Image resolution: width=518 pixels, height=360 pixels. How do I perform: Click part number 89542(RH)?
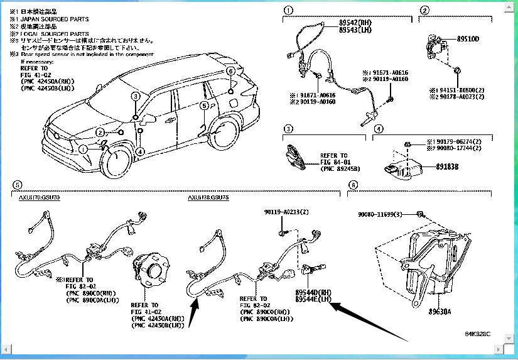pos(355,23)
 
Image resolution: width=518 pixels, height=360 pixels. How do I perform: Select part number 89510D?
pos(468,39)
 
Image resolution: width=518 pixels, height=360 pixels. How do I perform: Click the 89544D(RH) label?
pos(313,293)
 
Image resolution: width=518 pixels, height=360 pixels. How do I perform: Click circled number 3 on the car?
pos(135,96)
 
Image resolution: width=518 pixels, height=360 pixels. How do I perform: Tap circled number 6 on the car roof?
pos(230,71)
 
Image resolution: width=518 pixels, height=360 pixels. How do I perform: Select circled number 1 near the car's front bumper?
pos(82,149)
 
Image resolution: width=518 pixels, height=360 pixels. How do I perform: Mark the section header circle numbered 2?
pos(425,10)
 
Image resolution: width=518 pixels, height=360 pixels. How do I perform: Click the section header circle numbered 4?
pos(378,130)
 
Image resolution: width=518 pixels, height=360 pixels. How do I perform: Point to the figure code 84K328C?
pos(477,334)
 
